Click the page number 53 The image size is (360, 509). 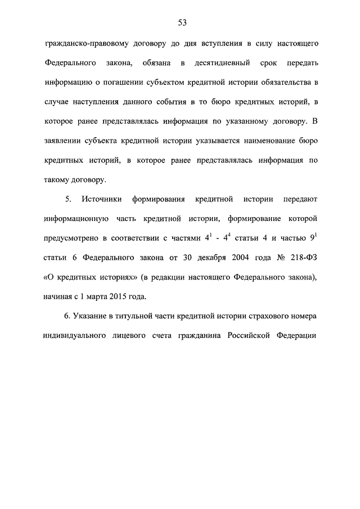(182, 22)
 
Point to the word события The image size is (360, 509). (169, 102)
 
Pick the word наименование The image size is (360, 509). (258, 141)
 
